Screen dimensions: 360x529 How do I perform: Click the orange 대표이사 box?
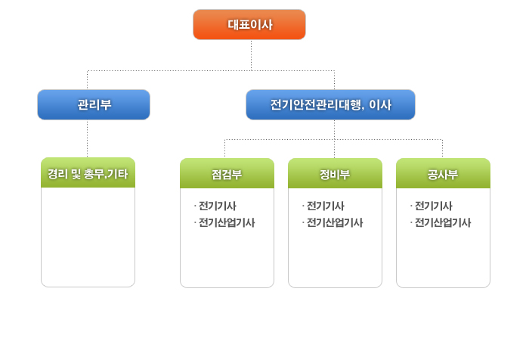pos(249,24)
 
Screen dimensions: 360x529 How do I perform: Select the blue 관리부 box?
pos(94,105)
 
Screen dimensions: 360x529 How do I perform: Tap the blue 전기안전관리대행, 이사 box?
pos(330,105)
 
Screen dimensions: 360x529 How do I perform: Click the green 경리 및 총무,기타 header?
pos(88,173)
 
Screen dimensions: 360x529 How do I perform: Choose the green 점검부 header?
pos(227,174)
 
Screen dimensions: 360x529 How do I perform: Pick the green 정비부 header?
pos(335,174)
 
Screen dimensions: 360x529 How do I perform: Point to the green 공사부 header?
pos(443,174)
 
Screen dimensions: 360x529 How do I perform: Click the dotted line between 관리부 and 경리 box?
pos(88,138)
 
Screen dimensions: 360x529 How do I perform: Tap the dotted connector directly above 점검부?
pos(226,149)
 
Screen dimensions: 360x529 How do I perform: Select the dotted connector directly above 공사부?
pos(442,149)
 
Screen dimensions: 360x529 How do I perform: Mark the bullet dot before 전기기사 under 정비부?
pos(303,206)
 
